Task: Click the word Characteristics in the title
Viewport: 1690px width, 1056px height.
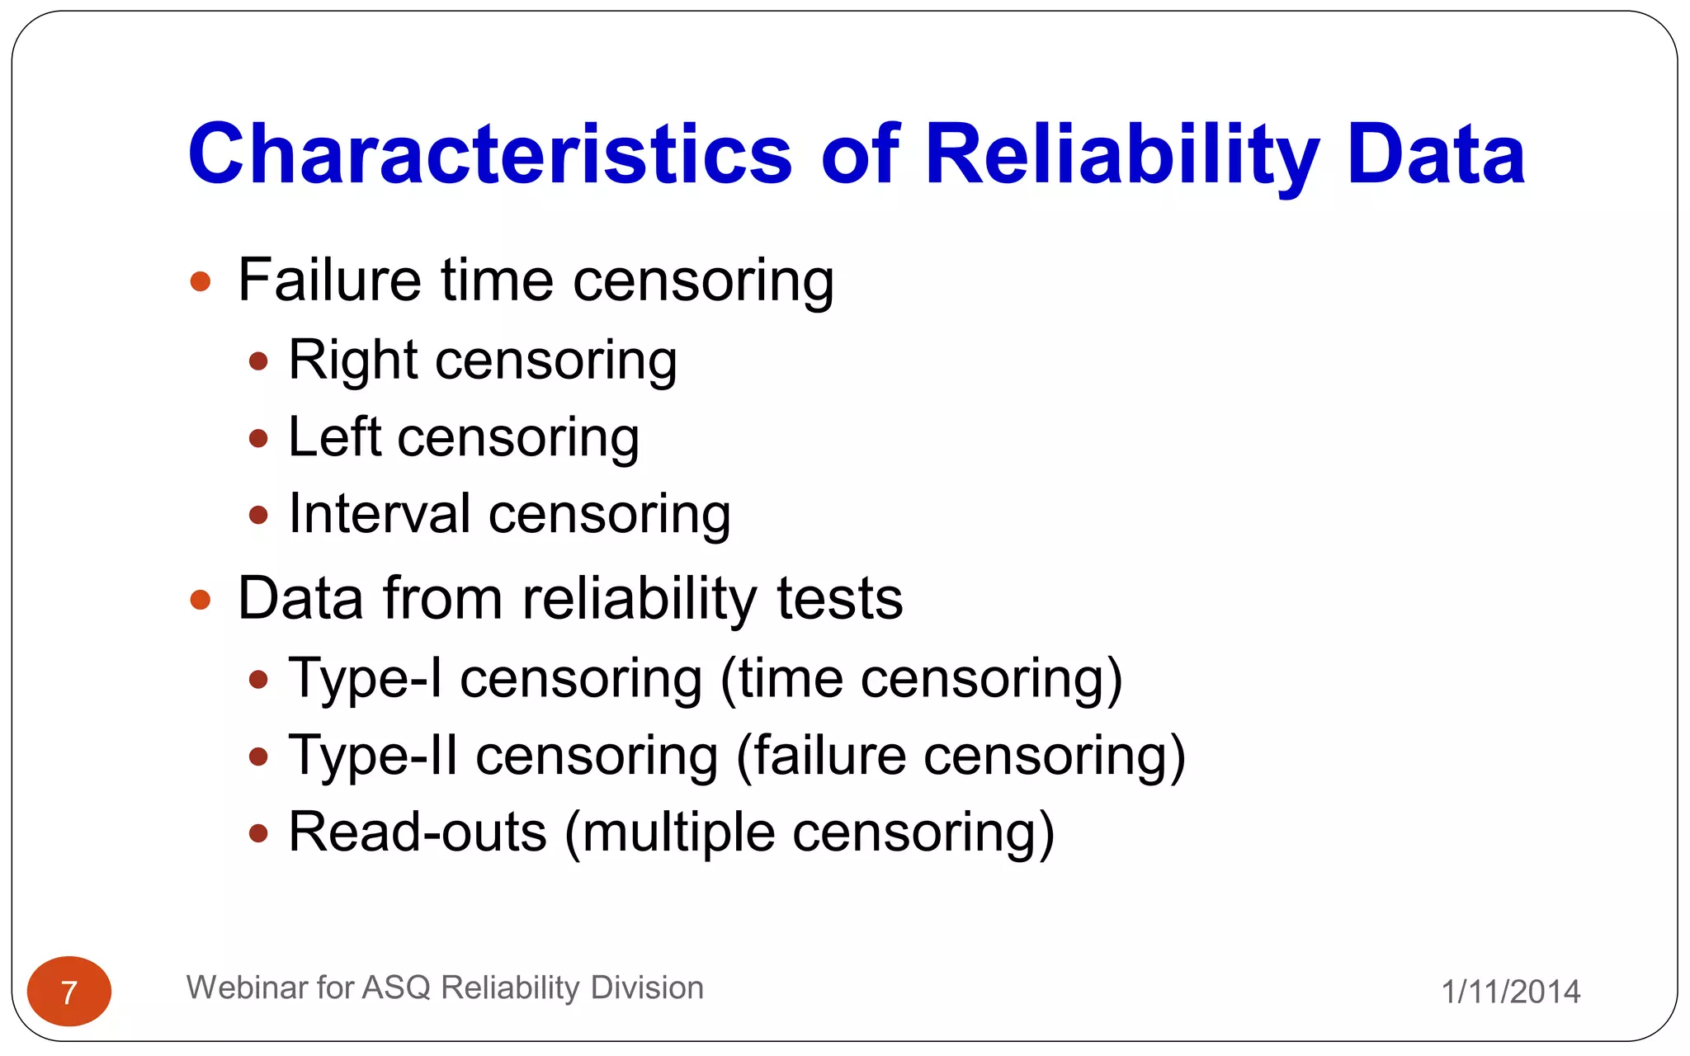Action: click(x=490, y=154)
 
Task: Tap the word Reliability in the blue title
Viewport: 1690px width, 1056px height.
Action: click(x=1121, y=154)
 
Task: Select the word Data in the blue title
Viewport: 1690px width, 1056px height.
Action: click(x=1436, y=154)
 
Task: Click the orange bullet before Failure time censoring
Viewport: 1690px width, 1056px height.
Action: click(x=201, y=282)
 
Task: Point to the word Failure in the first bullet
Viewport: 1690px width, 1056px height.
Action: click(x=329, y=280)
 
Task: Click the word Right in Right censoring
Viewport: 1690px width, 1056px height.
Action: click(x=353, y=361)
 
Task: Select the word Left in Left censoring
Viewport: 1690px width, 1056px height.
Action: click(x=334, y=437)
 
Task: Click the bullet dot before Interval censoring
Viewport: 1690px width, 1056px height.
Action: click(x=258, y=516)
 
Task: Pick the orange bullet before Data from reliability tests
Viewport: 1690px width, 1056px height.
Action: click(x=201, y=600)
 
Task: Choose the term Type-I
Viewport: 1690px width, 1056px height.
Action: click(x=366, y=679)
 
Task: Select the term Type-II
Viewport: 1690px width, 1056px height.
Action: click(x=373, y=756)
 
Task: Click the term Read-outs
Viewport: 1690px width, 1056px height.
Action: click(x=418, y=832)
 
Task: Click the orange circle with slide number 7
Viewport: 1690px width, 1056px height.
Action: click(x=69, y=992)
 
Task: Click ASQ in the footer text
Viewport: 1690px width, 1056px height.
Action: click(x=396, y=988)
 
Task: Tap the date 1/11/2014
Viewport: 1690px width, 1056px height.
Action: click(x=1510, y=992)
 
